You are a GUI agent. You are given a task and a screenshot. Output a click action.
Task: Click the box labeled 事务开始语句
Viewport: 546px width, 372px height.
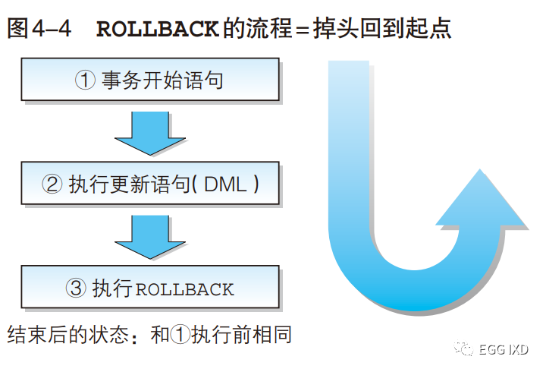[150, 80]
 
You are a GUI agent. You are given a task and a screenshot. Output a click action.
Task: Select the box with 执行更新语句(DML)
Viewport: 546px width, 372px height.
[150, 183]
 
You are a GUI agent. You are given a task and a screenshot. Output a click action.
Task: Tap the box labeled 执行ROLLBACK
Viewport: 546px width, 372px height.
[150, 288]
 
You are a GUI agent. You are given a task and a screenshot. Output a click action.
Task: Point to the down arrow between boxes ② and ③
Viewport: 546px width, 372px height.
[150, 238]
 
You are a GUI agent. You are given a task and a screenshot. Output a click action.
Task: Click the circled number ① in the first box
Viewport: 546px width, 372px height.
[85, 80]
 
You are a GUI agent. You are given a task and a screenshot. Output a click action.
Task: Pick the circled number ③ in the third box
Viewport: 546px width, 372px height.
[77, 288]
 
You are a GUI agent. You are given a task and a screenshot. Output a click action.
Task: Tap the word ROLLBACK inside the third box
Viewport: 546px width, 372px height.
[185, 289]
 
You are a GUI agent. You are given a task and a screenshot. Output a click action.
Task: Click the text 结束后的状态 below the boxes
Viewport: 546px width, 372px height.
[64, 335]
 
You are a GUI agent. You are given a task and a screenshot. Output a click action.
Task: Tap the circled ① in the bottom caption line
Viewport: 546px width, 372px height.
[180, 335]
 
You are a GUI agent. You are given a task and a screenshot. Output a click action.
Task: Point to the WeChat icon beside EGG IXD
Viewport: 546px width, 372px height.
[462, 349]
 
